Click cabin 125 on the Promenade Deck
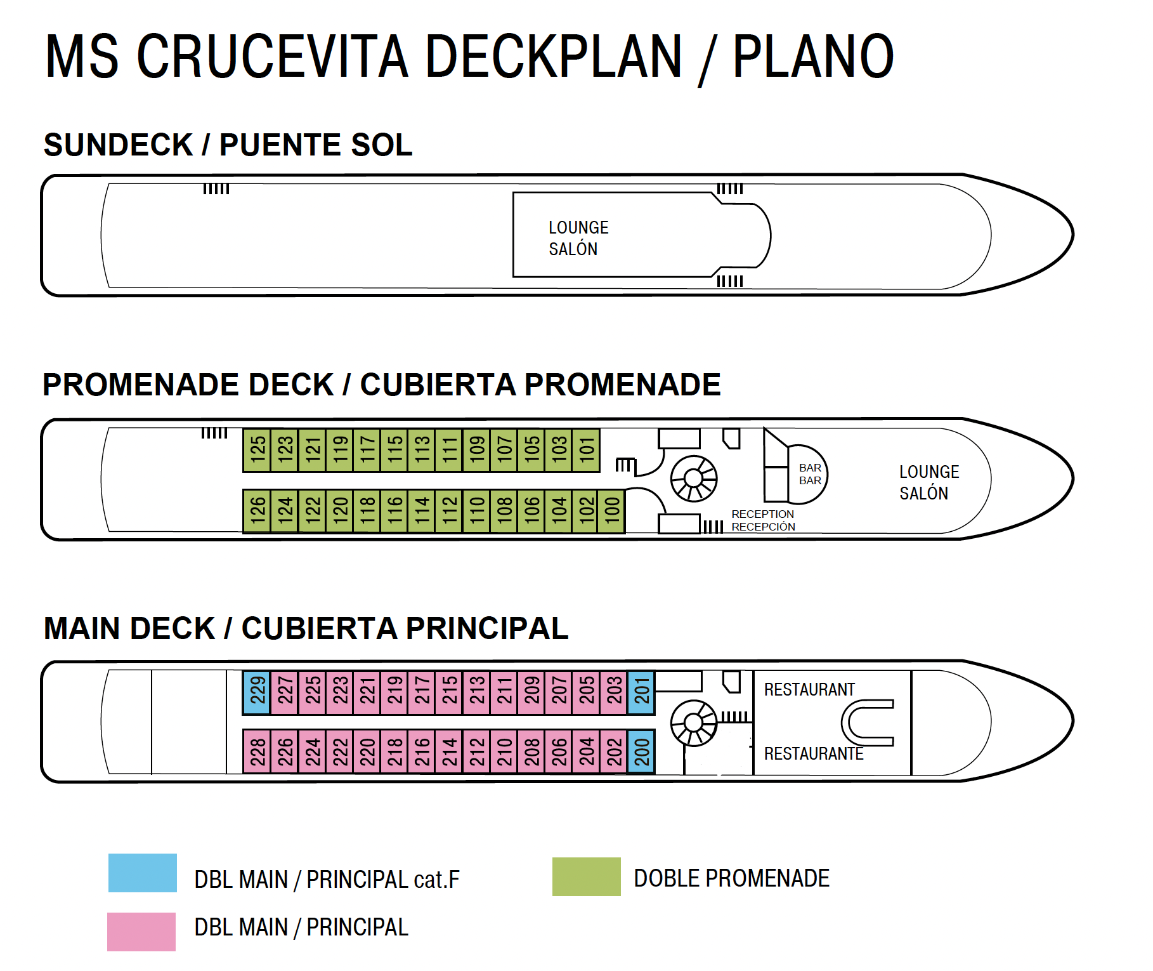click(x=257, y=450)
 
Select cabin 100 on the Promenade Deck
click(x=612, y=511)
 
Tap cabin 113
click(x=422, y=450)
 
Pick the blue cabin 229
click(x=257, y=692)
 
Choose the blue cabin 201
click(x=641, y=692)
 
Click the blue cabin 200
click(x=641, y=751)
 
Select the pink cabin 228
click(x=257, y=751)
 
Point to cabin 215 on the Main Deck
click(x=449, y=692)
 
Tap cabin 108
click(x=504, y=511)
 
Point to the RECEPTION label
click(x=762, y=514)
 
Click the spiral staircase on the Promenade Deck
click(x=694, y=479)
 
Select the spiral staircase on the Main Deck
click(x=694, y=723)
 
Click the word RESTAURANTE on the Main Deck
click(x=814, y=754)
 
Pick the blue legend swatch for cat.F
click(x=143, y=873)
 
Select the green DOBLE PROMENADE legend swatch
click(x=586, y=876)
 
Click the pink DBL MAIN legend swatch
click(x=141, y=932)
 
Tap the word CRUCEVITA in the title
click(x=273, y=57)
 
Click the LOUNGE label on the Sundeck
click(x=578, y=228)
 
